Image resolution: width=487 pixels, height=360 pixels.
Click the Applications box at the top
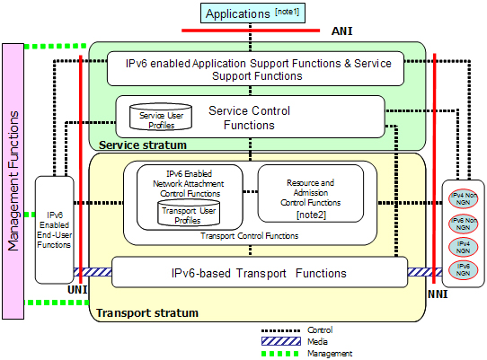[x=252, y=13]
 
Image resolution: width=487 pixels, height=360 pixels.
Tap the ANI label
[x=342, y=31]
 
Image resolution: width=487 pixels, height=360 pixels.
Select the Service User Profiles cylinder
[x=161, y=117]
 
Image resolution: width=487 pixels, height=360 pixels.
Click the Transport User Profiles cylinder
[x=189, y=213]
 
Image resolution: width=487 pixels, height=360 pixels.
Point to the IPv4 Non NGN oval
[x=463, y=199]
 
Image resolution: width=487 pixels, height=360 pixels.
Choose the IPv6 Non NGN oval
[x=463, y=224]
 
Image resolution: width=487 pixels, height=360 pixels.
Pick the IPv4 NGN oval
[x=463, y=248]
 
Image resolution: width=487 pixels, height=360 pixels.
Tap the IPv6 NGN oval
[x=463, y=270]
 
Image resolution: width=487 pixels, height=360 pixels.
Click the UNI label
[x=77, y=290]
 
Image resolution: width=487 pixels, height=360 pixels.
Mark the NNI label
[x=438, y=294]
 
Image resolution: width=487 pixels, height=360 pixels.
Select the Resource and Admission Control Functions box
[x=311, y=193]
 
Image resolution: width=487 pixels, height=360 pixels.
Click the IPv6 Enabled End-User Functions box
[x=54, y=230]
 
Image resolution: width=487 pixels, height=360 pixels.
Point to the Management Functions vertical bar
[x=13, y=181]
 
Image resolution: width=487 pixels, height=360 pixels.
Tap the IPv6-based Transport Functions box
[x=260, y=272]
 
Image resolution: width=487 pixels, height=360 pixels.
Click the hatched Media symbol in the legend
[x=281, y=341]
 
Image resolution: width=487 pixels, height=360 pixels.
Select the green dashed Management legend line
[x=280, y=354]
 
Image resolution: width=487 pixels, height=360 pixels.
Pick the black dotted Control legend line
[x=280, y=331]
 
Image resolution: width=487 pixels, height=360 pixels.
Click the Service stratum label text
[x=143, y=145]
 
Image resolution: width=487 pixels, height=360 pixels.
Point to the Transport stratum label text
[x=147, y=312]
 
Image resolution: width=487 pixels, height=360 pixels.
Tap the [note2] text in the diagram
[x=311, y=215]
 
